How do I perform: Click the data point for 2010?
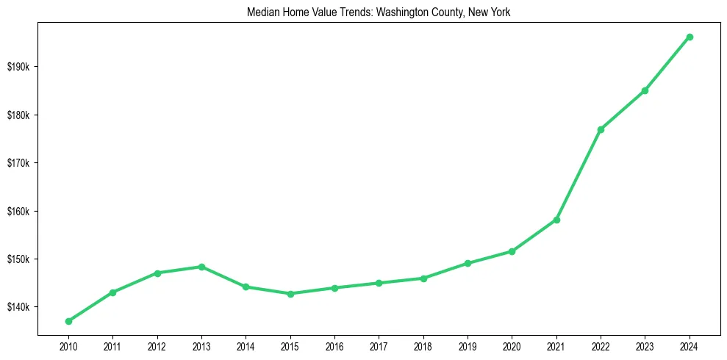click(68, 321)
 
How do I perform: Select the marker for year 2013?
click(201, 267)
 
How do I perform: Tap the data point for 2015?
click(290, 294)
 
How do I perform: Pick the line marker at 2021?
click(556, 220)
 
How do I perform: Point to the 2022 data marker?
click(601, 129)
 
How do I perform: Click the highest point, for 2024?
click(690, 37)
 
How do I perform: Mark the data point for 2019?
click(468, 263)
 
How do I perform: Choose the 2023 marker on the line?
click(645, 90)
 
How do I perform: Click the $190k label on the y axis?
click(17, 67)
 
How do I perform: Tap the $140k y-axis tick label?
click(17, 307)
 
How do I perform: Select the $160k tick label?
click(17, 212)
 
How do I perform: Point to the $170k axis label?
click(17, 163)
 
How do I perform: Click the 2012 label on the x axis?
click(157, 346)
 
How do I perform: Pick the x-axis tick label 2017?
click(379, 346)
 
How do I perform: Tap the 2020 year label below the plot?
click(512, 346)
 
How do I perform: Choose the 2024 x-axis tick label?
click(690, 346)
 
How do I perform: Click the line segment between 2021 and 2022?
click(579, 175)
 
